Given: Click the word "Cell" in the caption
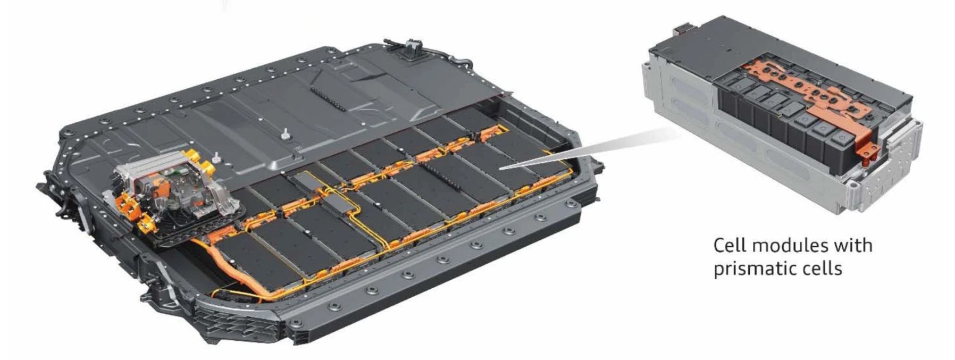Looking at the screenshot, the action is coord(730,246).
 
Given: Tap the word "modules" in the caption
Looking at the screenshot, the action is coord(789,246).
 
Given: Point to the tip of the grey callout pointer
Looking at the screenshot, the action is coord(500,168).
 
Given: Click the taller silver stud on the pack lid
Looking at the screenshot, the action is coord(284,133).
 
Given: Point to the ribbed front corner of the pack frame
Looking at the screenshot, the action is coord(234,319).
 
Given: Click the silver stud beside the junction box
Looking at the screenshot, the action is coord(216,157).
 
